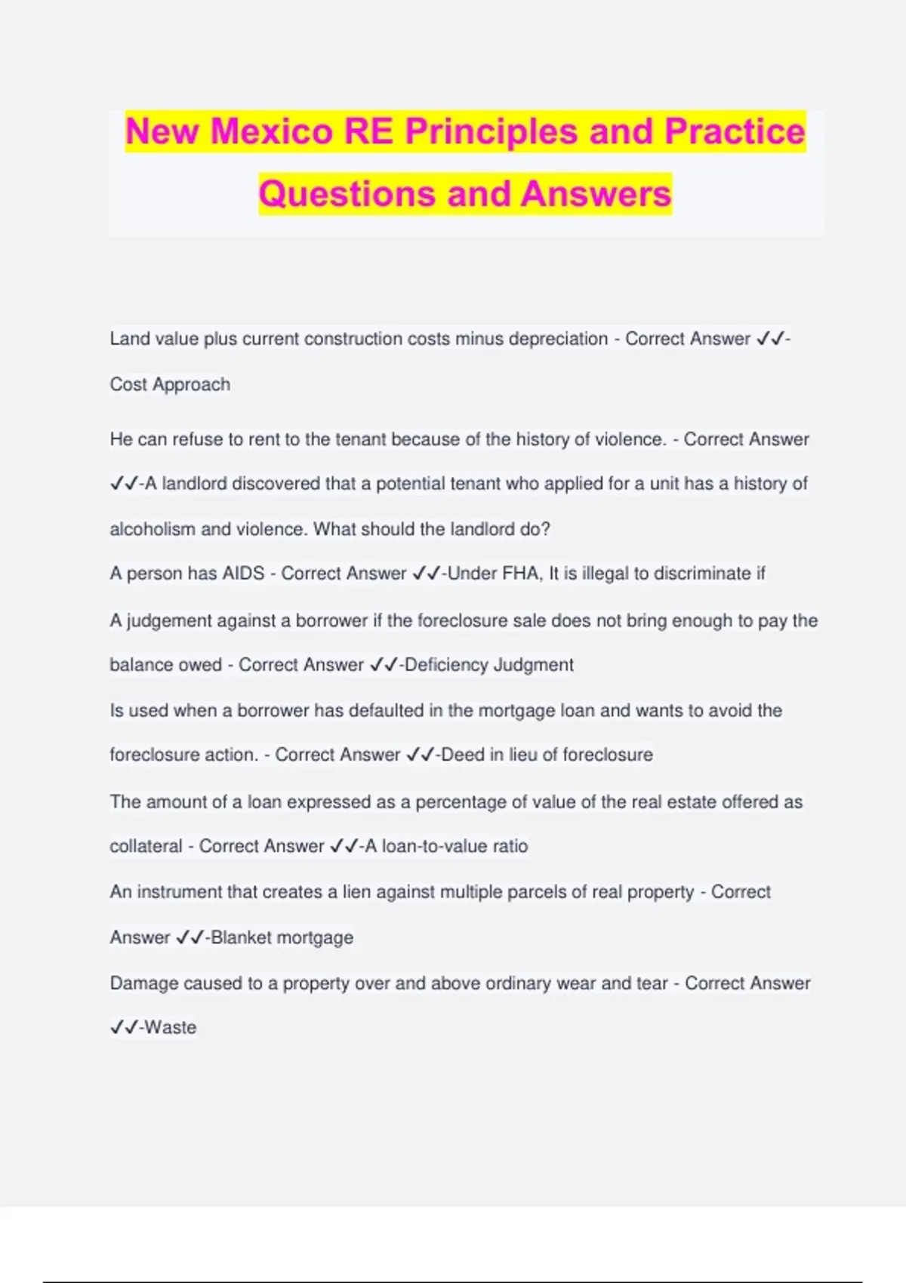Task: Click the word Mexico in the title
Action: click(x=271, y=131)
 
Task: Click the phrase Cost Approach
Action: click(x=170, y=385)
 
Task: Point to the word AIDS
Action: click(x=243, y=574)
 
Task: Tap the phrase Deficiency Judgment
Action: click(x=489, y=665)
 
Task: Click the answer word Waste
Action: click(x=170, y=1027)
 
